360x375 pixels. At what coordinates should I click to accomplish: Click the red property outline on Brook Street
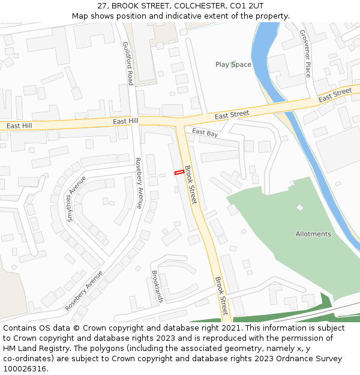tap(179, 173)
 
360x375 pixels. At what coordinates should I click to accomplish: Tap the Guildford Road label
tap(128, 63)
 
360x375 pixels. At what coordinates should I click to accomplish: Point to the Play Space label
tap(233, 64)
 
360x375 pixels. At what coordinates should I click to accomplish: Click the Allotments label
tap(313, 234)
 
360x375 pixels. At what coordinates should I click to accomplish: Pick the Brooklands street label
tap(157, 286)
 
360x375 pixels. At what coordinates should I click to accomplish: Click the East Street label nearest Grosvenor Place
tap(335, 95)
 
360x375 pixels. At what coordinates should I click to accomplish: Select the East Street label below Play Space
tap(232, 114)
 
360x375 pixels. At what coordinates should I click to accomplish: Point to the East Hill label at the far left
tap(19, 126)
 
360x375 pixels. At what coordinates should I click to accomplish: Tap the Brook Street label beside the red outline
tap(191, 185)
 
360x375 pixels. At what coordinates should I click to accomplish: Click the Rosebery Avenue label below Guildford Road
tap(139, 183)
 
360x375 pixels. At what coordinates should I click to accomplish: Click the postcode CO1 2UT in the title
tap(247, 6)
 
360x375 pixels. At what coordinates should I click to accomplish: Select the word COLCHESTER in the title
tap(196, 6)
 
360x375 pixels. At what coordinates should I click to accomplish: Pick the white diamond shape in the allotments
tap(300, 208)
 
